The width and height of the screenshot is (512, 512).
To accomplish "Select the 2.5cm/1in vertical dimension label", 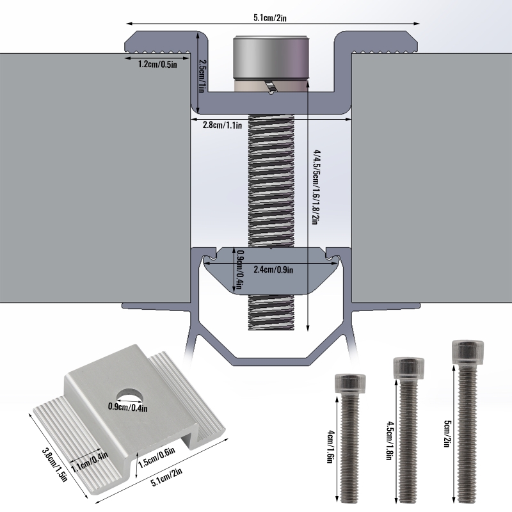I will (x=202, y=76).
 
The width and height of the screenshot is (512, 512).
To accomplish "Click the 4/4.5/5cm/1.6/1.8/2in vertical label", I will (x=316, y=183).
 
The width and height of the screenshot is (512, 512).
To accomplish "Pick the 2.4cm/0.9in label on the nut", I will (x=273, y=269).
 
